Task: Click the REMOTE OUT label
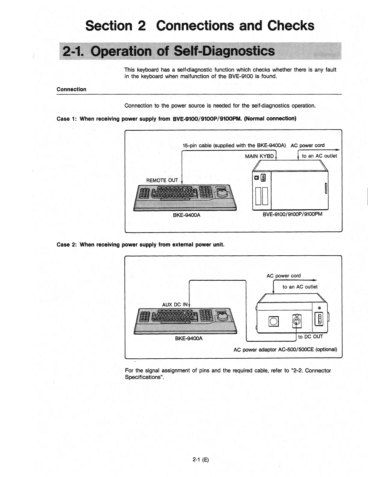(x=162, y=180)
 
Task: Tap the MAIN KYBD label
(x=259, y=156)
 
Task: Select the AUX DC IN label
(x=175, y=304)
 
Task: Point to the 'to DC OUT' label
(x=310, y=337)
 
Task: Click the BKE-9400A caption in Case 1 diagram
(x=186, y=215)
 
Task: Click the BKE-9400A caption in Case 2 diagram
(x=189, y=338)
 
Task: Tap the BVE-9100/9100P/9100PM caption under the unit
(x=293, y=214)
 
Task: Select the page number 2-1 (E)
(x=201, y=460)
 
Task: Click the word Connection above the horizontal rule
(x=72, y=89)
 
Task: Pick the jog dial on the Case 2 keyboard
(x=223, y=317)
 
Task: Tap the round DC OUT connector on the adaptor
(x=296, y=321)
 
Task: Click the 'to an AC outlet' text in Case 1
(x=319, y=156)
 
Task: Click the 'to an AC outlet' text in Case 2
(x=300, y=287)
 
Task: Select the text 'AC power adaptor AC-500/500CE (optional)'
(x=285, y=350)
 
